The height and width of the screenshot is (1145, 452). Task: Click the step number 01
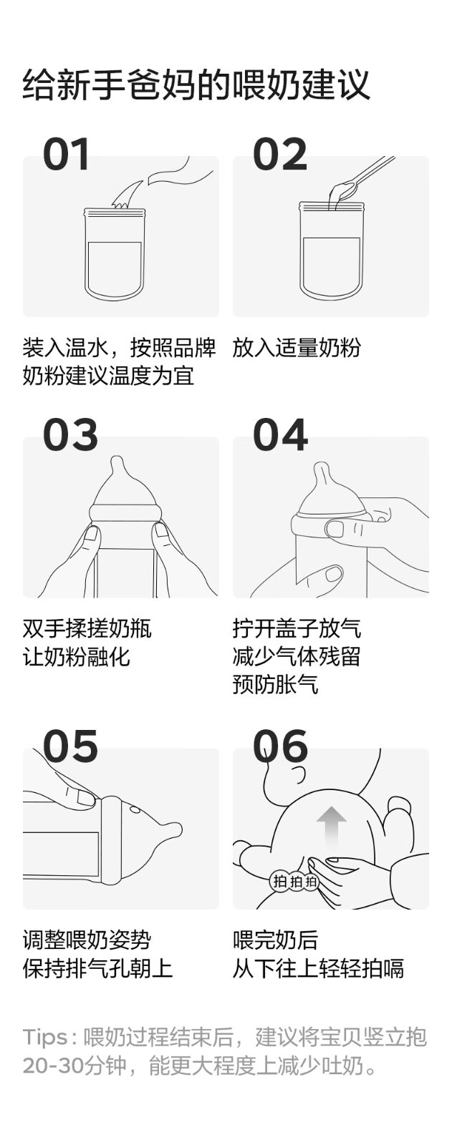click(66, 154)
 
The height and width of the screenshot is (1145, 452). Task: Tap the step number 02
click(280, 154)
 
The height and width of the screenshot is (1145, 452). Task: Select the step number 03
click(70, 434)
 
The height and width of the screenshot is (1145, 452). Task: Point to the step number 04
click(281, 434)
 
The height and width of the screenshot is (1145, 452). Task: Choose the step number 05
click(70, 746)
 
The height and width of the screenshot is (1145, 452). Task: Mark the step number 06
click(281, 746)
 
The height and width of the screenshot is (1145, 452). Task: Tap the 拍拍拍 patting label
click(295, 881)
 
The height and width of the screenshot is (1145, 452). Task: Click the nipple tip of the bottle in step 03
click(117, 461)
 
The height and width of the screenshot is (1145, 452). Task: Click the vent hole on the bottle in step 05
click(135, 810)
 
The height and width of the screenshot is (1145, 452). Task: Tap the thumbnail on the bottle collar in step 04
click(335, 528)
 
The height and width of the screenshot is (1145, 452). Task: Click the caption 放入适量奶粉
click(297, 348)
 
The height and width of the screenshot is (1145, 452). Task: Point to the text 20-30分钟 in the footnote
click(74, 1066)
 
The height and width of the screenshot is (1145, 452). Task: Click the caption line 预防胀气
click(275, 684)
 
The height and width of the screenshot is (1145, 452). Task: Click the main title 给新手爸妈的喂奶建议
click(196, 85)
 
